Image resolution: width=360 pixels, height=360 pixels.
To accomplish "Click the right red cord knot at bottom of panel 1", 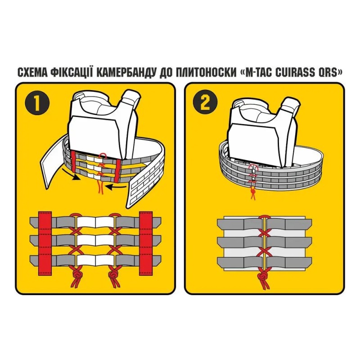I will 112,275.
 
